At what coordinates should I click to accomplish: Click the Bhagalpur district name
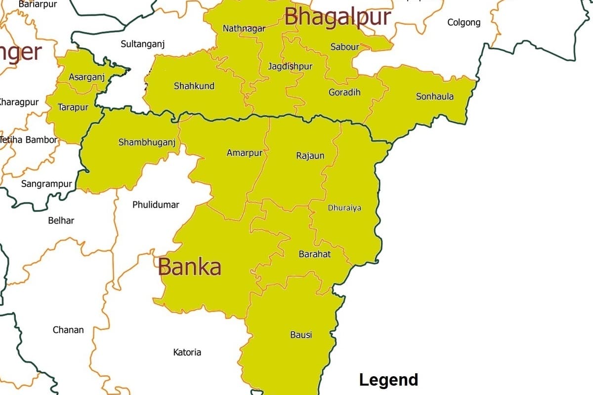click(338, 17)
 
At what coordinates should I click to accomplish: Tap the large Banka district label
click(190, 267)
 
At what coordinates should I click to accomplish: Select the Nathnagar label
click(244, 28)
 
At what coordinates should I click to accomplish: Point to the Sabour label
click(344, 47)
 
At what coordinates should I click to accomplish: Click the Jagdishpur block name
click(290, 66)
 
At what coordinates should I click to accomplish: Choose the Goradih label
click(344, 92)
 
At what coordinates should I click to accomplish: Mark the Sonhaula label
click(435, 96)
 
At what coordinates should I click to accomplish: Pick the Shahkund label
click(194, 86)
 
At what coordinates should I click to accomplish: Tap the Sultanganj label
click(143, 44)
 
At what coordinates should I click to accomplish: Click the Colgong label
click(464, 22)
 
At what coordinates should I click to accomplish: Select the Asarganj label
click(86, 77)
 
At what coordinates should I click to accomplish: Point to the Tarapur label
click(73, 107)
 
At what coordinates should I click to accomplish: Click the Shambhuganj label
click(147, 142)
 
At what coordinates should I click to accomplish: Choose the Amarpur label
click(244, 153)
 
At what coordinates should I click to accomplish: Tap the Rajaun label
click(310, 156)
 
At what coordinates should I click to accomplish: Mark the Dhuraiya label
click(344, 208)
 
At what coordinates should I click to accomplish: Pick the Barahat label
click(315, 254)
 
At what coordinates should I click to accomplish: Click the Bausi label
click(301, 335)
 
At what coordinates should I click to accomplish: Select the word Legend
click(388, 380)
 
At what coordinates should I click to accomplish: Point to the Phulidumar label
click(156, 204)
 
